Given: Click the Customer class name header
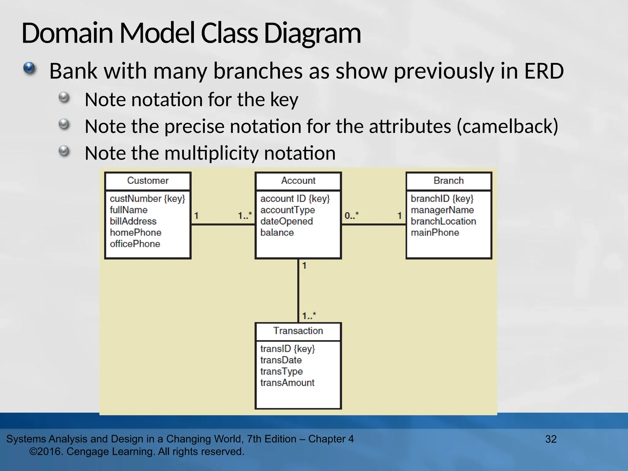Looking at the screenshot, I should [148, 181].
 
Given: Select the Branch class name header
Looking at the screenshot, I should [449, 181].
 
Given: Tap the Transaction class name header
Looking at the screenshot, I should [298, 331].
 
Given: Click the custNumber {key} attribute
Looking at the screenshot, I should [147, 199].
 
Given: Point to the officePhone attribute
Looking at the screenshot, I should [135, 244].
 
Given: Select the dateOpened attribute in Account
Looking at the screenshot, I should [286, 221].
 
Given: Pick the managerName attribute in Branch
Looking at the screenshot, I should [442, 210].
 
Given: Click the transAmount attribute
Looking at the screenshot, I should [287, 383].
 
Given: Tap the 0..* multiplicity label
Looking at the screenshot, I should [351, 216].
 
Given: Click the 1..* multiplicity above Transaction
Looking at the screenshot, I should [309, 316].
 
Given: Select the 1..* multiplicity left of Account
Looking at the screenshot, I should [245, 216].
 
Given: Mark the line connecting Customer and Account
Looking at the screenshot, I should [223, 225].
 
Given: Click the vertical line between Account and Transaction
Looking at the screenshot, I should [298, 291].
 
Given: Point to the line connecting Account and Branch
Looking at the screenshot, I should [373, 225].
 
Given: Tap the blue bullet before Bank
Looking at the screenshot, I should [29, 68].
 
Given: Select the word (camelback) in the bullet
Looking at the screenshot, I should [507, 126].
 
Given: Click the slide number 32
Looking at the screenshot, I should [551, 439].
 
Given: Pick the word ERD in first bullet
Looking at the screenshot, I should [544, 71].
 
